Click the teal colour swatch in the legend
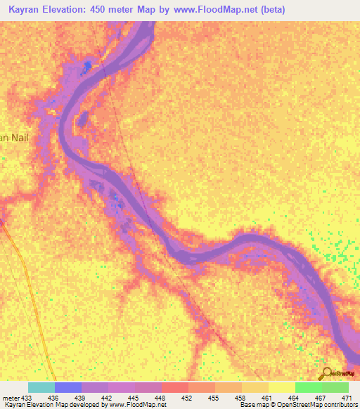(x=41, y=387)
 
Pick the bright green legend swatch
(x=308, y=387)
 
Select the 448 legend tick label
(x=161, y=398)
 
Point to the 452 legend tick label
(x=188, y=398)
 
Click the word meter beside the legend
(x=11, y=398)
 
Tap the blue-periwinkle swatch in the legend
(x=68, y=387)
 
